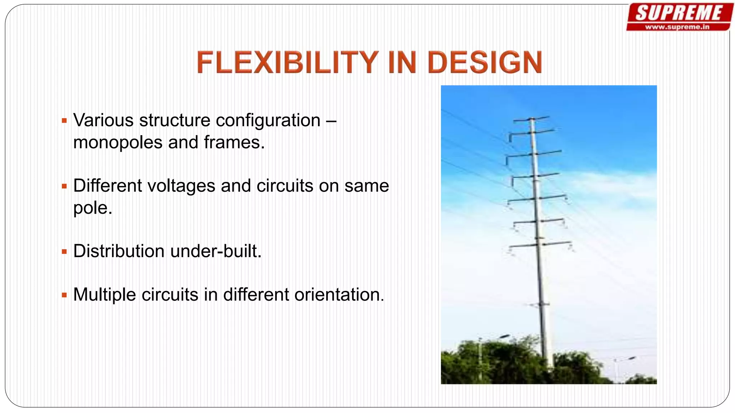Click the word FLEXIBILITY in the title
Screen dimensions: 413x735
(x=287, y=62)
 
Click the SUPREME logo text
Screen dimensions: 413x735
(x=679, y=13)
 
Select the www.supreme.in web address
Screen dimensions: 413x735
(x=677, y=27)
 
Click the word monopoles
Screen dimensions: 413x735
(x=118, y=143)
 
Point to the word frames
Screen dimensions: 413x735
(x=234, y=142)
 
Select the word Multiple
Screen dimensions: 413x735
(x=105, y=295)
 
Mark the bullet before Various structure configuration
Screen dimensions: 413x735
(x=64, y=121)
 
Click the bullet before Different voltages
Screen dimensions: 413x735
(x=64, y=186)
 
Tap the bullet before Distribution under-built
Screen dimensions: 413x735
(x=64, y=252)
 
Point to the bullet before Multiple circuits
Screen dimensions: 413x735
(x=64, y=295)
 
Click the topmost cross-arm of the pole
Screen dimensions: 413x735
(x=532, y=119)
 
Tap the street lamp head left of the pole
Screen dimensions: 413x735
(x=505, y=336)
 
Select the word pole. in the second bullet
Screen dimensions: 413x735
(x=93, y=208)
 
